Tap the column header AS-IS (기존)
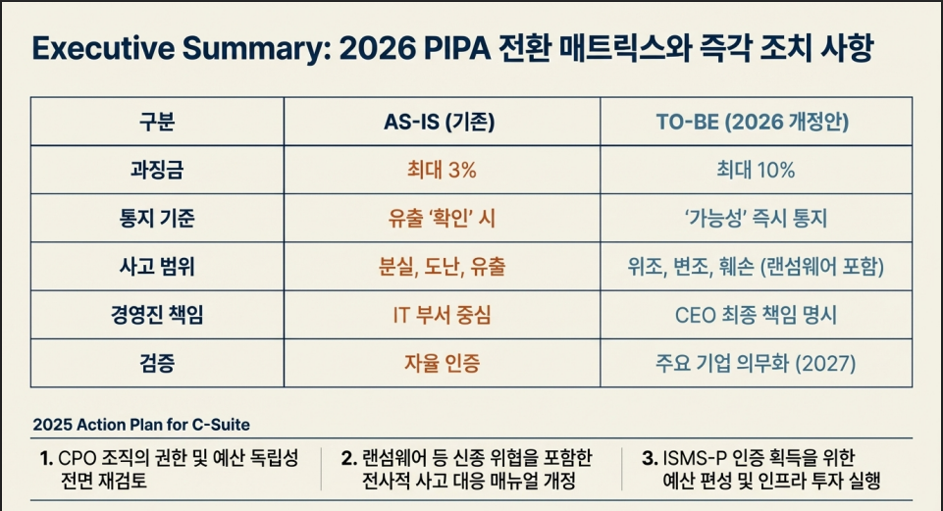(x=440, y=122)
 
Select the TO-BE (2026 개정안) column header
(x=753, y=122)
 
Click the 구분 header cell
(x=157, y=122)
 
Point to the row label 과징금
(x=157, y=170)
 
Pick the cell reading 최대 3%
(x=442, y=170)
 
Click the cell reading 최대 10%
(x=756, y=170)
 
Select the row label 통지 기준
(x=157, y=218)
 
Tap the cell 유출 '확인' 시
(x=442, y=218)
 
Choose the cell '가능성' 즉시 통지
(x=756, y=218)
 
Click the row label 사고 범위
(x=157, y=267)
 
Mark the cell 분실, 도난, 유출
(x=442, y=267)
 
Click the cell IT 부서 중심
(x=442, y=315)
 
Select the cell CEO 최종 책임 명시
(x=756, y=315)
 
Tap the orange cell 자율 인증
(x=442, y=363)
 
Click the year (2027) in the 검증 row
(x=825, y=363)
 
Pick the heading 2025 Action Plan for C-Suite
(x=141, y=425)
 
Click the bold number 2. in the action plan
(x=348, y=459)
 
